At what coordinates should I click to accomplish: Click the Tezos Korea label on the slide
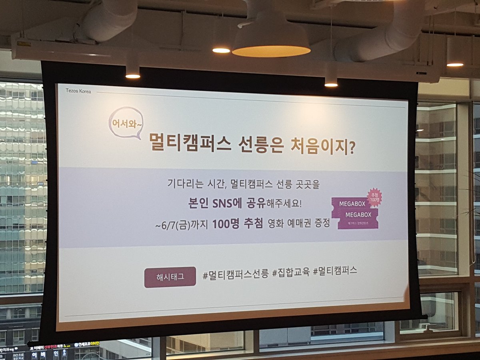tap(78, 91)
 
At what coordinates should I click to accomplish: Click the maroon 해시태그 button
tap(170, 277)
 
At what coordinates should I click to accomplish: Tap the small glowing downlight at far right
tap(455, 64)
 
